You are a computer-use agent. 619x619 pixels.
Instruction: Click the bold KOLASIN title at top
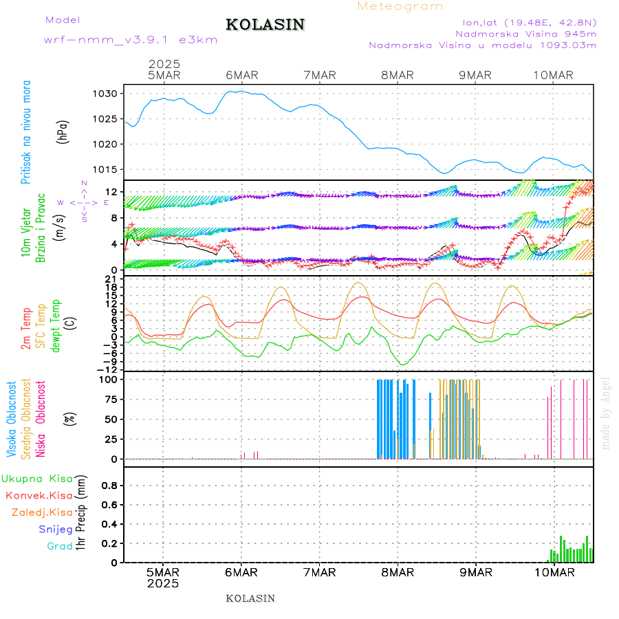(265, 25)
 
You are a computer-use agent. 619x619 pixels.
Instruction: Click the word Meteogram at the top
(400, 6)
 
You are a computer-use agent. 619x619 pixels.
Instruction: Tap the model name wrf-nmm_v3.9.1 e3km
(131, 40)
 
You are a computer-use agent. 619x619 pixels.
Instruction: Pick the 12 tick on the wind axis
(115, 191)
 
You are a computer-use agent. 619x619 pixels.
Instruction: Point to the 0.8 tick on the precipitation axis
(110, 485)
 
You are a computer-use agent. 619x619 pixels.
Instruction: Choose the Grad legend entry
(60, 547)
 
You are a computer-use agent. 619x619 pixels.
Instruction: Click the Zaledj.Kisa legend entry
(42, 512)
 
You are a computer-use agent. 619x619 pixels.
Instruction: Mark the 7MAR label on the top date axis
(319, 75)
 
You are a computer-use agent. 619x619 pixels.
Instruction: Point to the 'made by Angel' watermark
(606, 412)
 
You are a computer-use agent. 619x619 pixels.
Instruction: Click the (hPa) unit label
(64, 131)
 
